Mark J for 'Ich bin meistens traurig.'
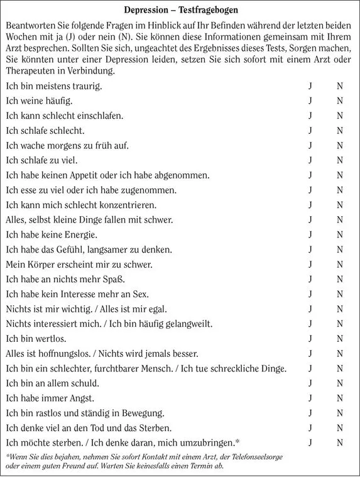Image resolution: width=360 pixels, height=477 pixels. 310,85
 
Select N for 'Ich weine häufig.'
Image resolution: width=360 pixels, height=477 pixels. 339,101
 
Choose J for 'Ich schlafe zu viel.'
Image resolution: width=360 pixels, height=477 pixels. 310,160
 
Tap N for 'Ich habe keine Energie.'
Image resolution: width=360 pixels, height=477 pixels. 339,234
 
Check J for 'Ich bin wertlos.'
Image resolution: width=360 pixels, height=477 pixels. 310,339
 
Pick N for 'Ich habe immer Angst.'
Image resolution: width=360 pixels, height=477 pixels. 339,398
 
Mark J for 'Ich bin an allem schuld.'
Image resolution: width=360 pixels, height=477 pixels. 310,383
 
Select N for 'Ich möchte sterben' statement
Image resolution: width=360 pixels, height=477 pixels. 339,442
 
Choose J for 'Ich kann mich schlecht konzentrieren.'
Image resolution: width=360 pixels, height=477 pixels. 310,205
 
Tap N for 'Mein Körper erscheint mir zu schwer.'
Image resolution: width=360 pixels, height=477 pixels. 339,265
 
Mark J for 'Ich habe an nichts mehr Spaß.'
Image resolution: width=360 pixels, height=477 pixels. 310,279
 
